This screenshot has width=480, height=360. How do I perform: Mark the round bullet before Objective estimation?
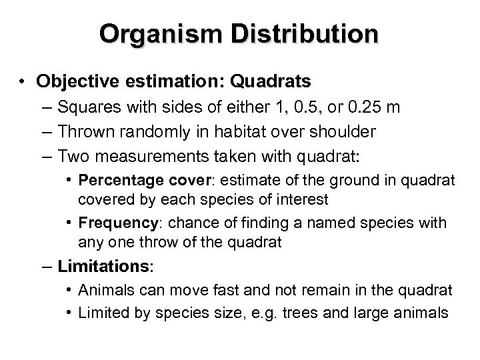23,81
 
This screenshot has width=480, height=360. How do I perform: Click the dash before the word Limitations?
48,266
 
